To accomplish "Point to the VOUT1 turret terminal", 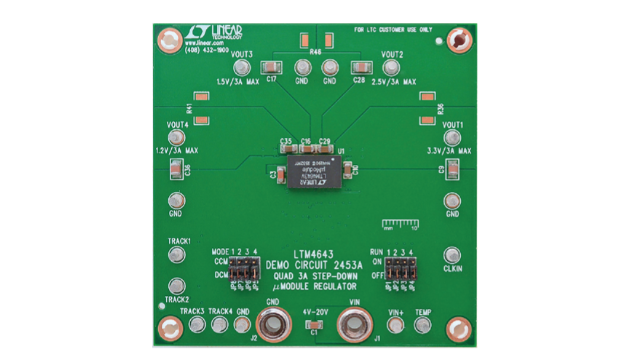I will (453, 139).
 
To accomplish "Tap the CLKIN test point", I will (452, 255).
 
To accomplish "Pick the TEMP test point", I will (423, 326).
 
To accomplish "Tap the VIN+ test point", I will (397, 326).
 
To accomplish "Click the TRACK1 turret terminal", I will (178, 257).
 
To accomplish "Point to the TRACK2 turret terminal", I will (178, 286).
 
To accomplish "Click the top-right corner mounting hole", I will (457, 41).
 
